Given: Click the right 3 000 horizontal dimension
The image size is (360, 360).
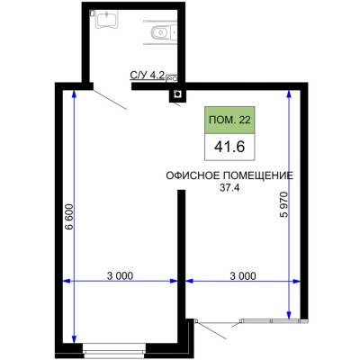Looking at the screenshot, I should (x=243, y=274).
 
